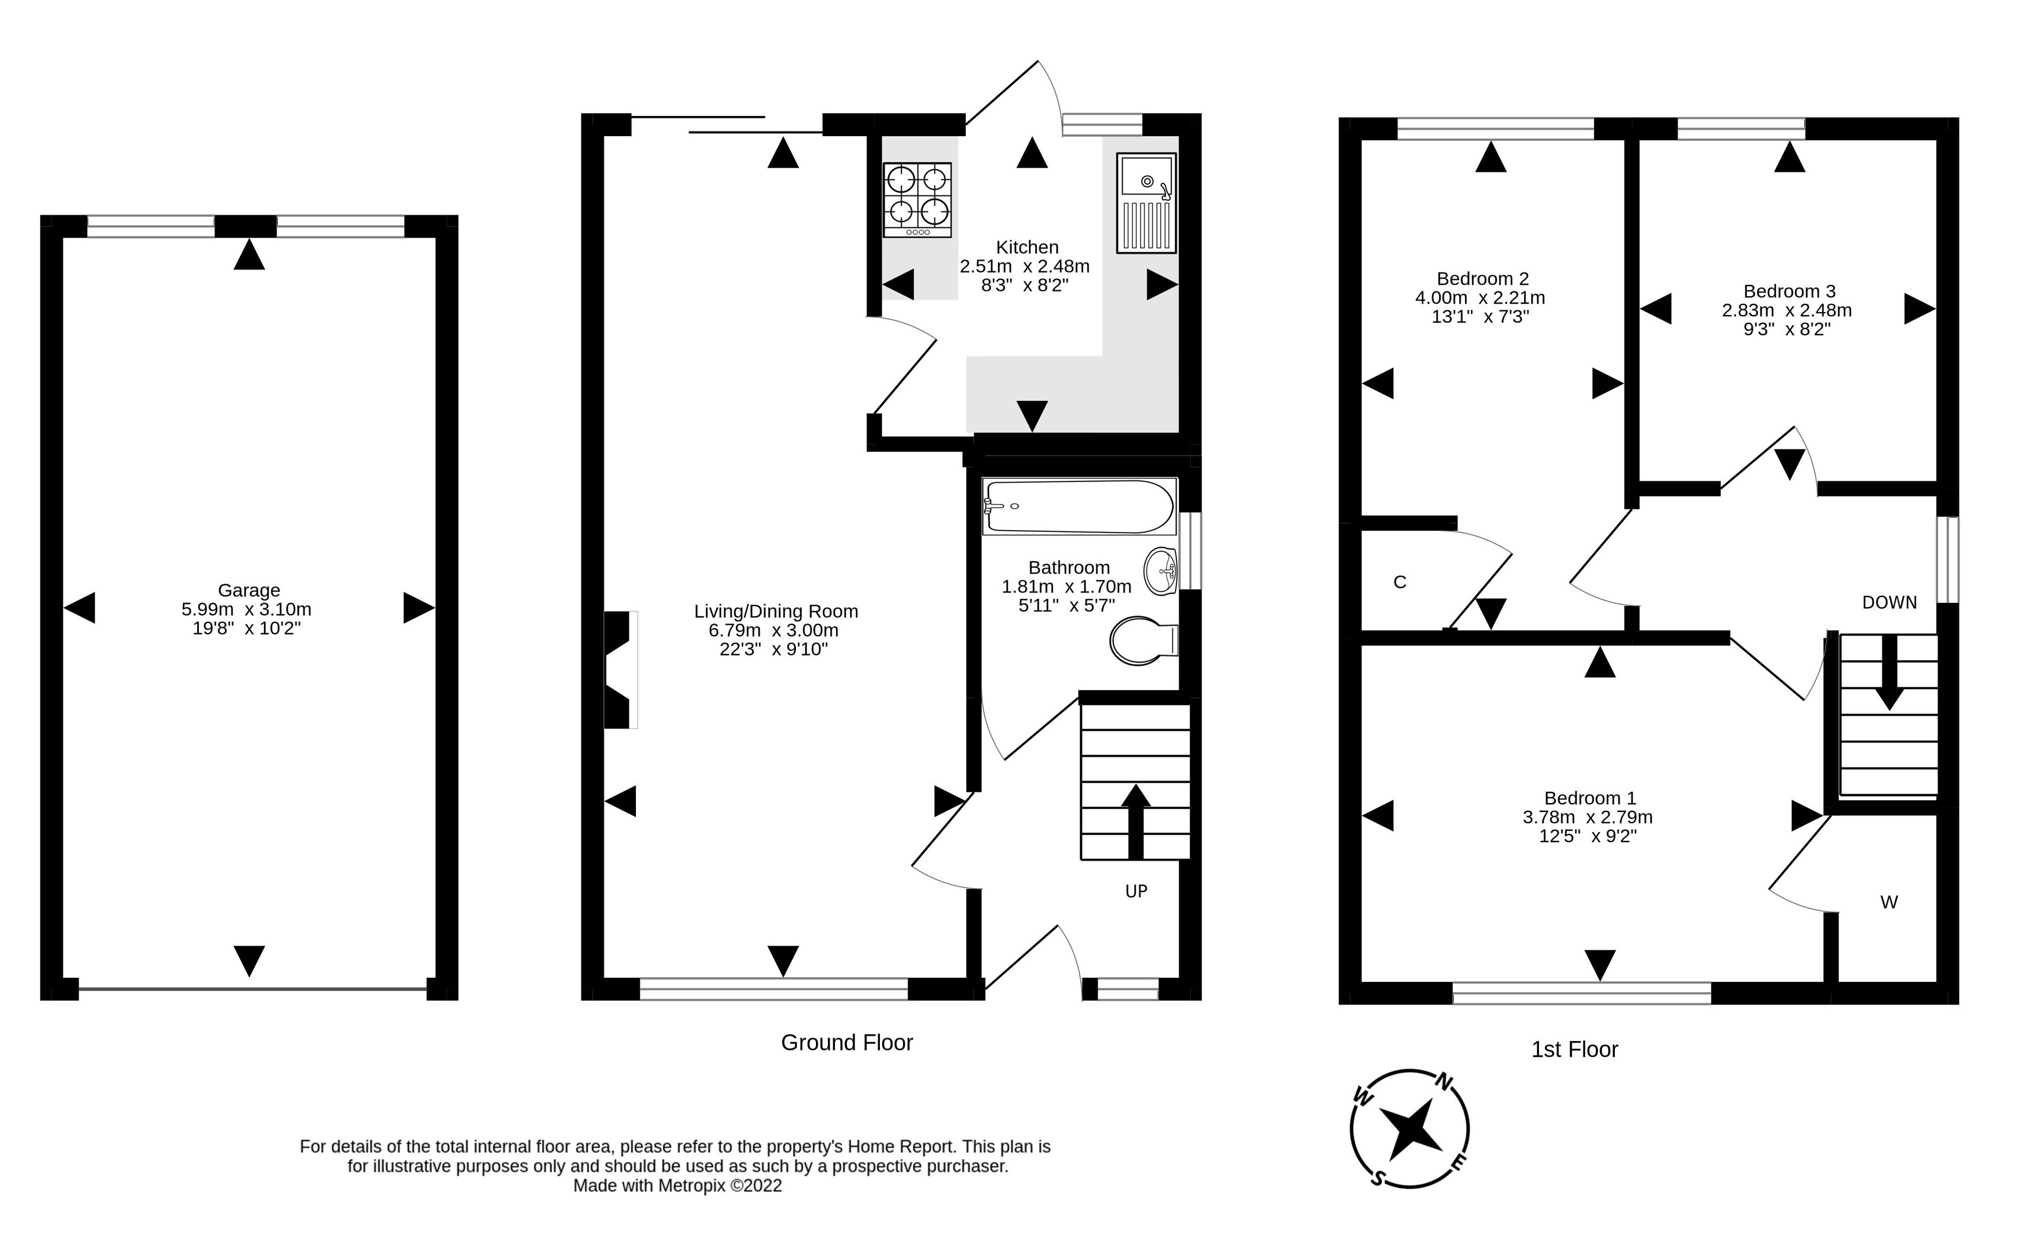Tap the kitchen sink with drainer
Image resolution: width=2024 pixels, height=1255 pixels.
(1146, 203)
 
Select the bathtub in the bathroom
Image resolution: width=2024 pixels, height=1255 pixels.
(1080, 506)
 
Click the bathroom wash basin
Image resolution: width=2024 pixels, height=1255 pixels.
(1161, 571)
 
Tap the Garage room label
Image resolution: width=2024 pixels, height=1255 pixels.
(249, 590)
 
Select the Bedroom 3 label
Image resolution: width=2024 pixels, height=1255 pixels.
(1788, 291)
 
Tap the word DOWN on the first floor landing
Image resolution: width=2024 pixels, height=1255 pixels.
(1889, 602)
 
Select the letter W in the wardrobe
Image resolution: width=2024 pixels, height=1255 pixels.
(1889, 902)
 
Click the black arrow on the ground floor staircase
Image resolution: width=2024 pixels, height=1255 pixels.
(1135, 821)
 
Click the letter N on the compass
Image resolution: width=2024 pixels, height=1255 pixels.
(1444, 1082)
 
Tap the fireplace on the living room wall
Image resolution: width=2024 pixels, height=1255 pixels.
(619, 670)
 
